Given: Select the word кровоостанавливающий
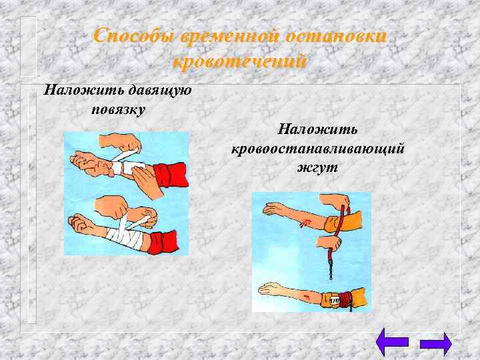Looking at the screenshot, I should [318, 147].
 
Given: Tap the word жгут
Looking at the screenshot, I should [318, 167].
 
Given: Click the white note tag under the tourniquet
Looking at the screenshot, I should [331, 301].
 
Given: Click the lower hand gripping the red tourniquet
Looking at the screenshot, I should [331, 241].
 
